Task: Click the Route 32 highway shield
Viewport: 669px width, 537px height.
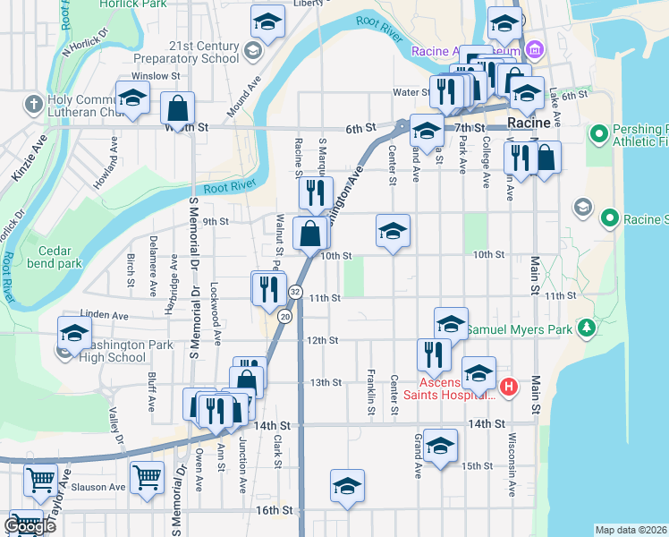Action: (x=294, y=293)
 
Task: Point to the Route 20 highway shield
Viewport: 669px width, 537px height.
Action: (x=284, y=316)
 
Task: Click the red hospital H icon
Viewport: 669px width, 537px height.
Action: (x=509, y=387)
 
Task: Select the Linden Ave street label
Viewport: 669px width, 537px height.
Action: (x=105, y=314)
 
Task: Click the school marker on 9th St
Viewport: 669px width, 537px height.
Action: (x=393, y=230)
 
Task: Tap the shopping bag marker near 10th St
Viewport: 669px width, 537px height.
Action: (x=309, y=234)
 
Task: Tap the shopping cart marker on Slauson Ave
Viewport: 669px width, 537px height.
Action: (x=147, y=476)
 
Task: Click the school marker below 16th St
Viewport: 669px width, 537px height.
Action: (x=347, y=485)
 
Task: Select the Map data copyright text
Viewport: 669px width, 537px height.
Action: (x=631, y=530)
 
